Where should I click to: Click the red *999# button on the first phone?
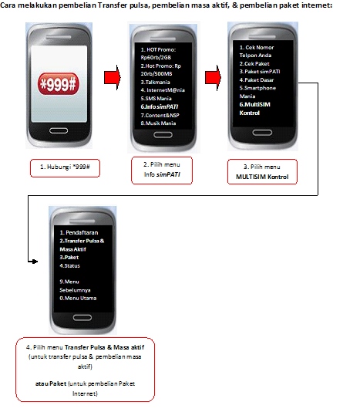coord(59,84)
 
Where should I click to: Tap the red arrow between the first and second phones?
coord(113,78)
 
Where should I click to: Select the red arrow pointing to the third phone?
coord(213,78)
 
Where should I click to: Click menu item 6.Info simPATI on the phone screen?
coord(160,106)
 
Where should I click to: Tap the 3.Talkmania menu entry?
coord(155,83)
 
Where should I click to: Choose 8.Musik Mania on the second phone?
coord(158,123)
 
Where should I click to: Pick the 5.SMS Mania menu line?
coord(156,99)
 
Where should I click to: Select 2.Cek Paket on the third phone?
coord(254,63)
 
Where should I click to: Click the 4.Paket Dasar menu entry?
coord(257,80)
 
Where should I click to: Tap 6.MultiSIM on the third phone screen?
coord(254,105)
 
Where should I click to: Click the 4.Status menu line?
coord(69,265)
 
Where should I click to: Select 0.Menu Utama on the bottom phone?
coord(78,299)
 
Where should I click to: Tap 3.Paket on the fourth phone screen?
coord(69,257)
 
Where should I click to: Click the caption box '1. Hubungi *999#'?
coord(65,168)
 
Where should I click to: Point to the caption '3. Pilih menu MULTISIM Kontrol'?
coord(262,171)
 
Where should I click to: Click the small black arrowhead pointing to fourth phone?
coord(35,262)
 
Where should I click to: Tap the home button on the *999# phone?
coord(59,130)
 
